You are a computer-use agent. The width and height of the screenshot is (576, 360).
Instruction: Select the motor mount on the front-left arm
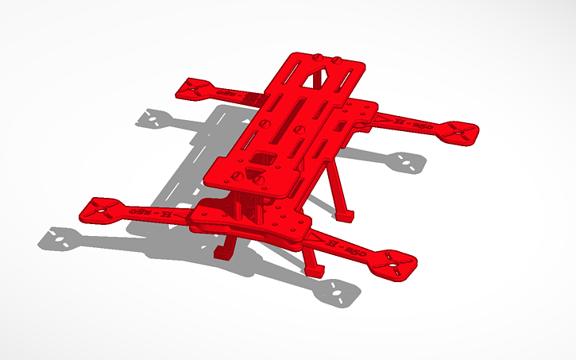(102, 209)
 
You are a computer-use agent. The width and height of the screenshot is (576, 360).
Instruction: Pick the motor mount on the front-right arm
(395, 262)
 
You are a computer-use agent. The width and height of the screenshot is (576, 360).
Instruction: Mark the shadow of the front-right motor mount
(338, 293)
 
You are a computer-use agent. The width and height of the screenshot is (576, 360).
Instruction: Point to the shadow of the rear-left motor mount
(153, 120)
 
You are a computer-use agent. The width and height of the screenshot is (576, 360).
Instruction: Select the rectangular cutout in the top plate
(261, 156)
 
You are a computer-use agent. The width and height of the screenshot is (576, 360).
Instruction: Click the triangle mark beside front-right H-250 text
(323, 240)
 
